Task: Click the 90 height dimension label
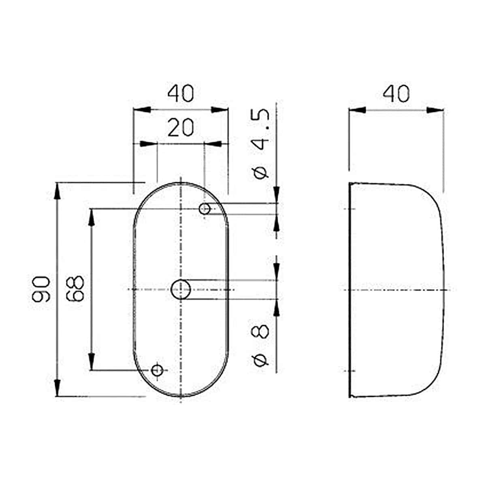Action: tap(40, 289)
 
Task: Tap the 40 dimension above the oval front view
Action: tap(181, 93)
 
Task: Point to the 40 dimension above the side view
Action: tap(396, 93)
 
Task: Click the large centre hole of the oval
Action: tap(181, 290)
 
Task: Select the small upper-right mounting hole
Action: tap(205, 209)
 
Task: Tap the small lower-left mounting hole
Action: tap(157, 371)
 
